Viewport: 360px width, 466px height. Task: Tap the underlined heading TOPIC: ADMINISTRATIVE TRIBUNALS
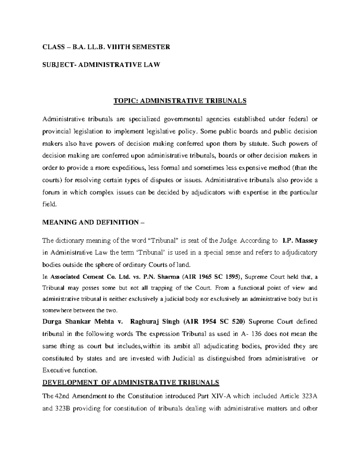tap(180, 101)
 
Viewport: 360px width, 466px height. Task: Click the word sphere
tap(103, 265)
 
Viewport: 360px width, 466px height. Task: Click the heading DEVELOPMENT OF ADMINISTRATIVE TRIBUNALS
tap(131, 383)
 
